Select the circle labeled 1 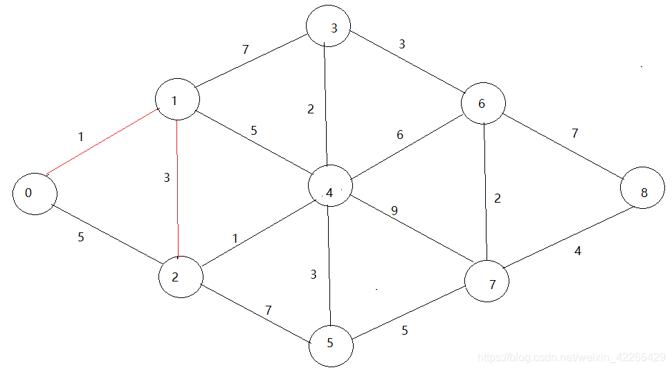177,101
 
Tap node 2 180,277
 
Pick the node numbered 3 329,28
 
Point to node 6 483,104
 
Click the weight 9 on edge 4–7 394,211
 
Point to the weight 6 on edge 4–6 400,136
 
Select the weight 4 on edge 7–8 578,251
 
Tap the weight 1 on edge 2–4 235,239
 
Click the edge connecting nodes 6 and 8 564,147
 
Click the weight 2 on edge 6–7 498,198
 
